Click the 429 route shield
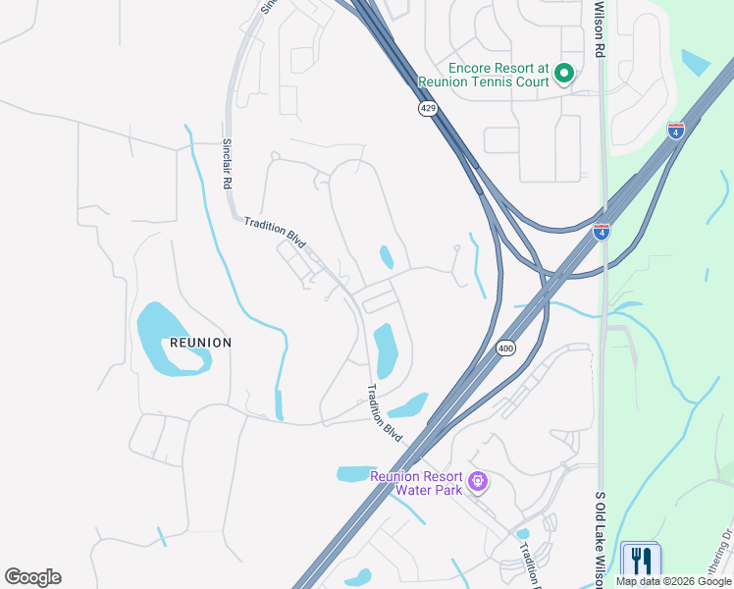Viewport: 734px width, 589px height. (428, 109)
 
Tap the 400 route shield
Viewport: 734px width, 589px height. (505, 348)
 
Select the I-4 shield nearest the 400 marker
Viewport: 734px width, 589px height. (602, 231)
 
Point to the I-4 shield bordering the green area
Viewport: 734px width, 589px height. (676, 131)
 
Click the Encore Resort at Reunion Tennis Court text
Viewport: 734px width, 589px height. (498, 75)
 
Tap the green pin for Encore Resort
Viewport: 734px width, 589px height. (563, 73)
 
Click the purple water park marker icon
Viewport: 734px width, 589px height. (478, 481)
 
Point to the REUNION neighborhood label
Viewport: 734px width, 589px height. (200, 343)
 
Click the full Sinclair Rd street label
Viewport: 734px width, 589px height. (226, 164)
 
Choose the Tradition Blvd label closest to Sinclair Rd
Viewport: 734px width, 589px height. (276, 231)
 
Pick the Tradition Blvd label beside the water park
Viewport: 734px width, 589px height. (384, 412)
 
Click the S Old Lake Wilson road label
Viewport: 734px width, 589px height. (600, 534)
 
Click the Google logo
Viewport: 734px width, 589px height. (32, 577)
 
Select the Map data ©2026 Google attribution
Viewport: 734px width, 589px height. (672, 581)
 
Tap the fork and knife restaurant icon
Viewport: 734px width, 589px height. (641, 561)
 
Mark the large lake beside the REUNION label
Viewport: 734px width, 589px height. (167, 338)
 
